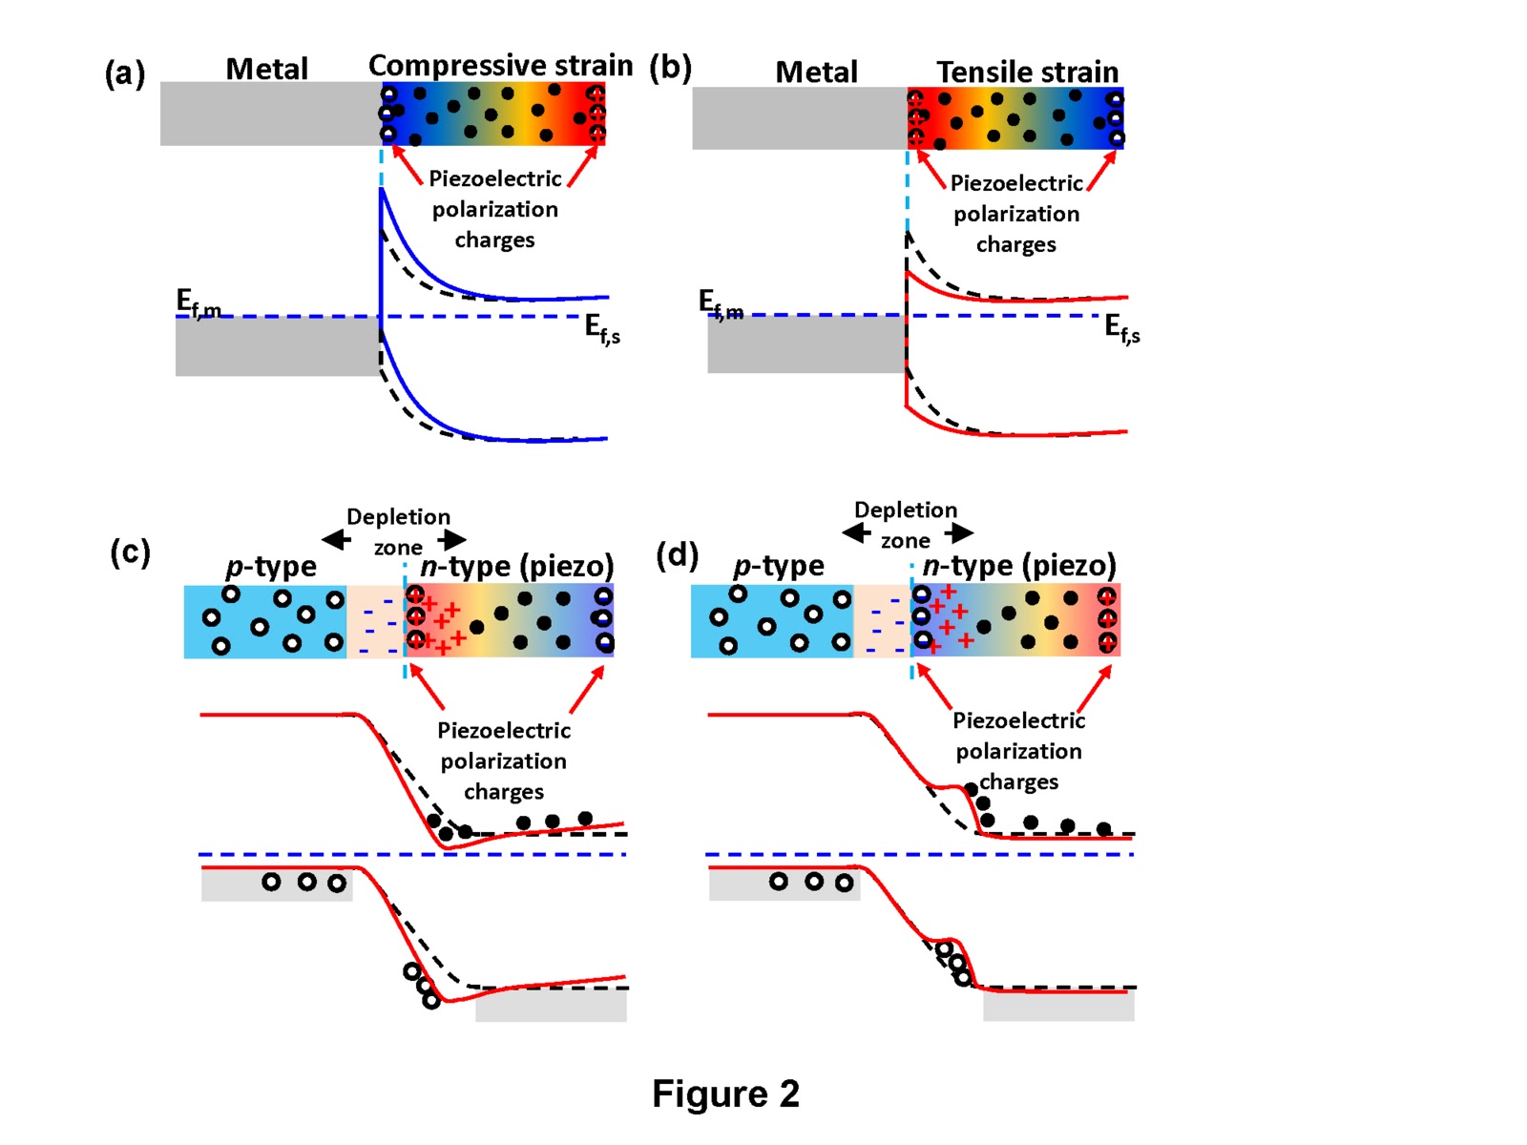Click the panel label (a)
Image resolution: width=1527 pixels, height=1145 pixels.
(125, 73)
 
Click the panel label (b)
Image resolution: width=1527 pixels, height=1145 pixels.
(670, 68)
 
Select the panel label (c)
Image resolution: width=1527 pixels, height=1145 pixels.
(130, 552)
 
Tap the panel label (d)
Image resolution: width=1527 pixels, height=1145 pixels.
(677, 554)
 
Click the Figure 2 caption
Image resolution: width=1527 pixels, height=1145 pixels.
(725, 1093)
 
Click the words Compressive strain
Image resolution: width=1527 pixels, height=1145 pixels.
(500, 66)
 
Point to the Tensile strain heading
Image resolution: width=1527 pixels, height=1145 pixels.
(1027, 72)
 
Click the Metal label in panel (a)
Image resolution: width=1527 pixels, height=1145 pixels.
(266, 69)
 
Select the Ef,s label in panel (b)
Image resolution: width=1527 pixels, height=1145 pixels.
(1122, 328)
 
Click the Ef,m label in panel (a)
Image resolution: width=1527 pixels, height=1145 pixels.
(198, 302)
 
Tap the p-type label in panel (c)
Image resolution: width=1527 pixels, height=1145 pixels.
(271, 567)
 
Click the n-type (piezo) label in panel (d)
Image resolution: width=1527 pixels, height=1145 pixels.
(1018, 566)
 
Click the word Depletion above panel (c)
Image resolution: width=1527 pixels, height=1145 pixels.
(398, 517)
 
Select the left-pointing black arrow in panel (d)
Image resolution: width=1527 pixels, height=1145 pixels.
(855, 532)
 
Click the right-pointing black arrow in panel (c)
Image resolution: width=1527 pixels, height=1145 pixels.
(453, 539)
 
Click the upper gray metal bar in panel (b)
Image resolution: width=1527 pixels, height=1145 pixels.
(799, 118)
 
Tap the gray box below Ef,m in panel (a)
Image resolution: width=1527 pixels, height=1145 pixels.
(277, 347)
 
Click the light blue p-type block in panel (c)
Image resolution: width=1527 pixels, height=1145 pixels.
(264, 621)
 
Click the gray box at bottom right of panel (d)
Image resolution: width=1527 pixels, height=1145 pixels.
(1058, 1007)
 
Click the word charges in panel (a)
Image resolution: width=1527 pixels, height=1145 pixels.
(494, 239)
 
